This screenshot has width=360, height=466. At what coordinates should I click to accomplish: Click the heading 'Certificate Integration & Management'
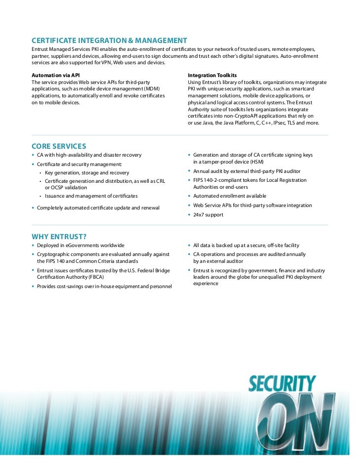click(x=109, y=40)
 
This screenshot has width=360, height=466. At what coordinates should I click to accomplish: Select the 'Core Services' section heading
click(x=59, y=146)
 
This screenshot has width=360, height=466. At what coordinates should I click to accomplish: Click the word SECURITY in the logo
click(x=282, y=383)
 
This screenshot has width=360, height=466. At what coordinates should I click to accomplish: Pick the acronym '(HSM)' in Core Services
click(x=257, y=162)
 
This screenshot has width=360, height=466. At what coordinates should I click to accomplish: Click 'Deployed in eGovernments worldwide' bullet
click(x=81, y=245)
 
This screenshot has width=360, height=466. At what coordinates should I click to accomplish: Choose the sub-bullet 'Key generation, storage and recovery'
click(x=87, y=173)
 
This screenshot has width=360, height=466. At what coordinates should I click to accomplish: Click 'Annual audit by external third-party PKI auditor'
click(x=247, y=171)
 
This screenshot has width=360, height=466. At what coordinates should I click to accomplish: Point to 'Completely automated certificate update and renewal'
click(x=98, y=208)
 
